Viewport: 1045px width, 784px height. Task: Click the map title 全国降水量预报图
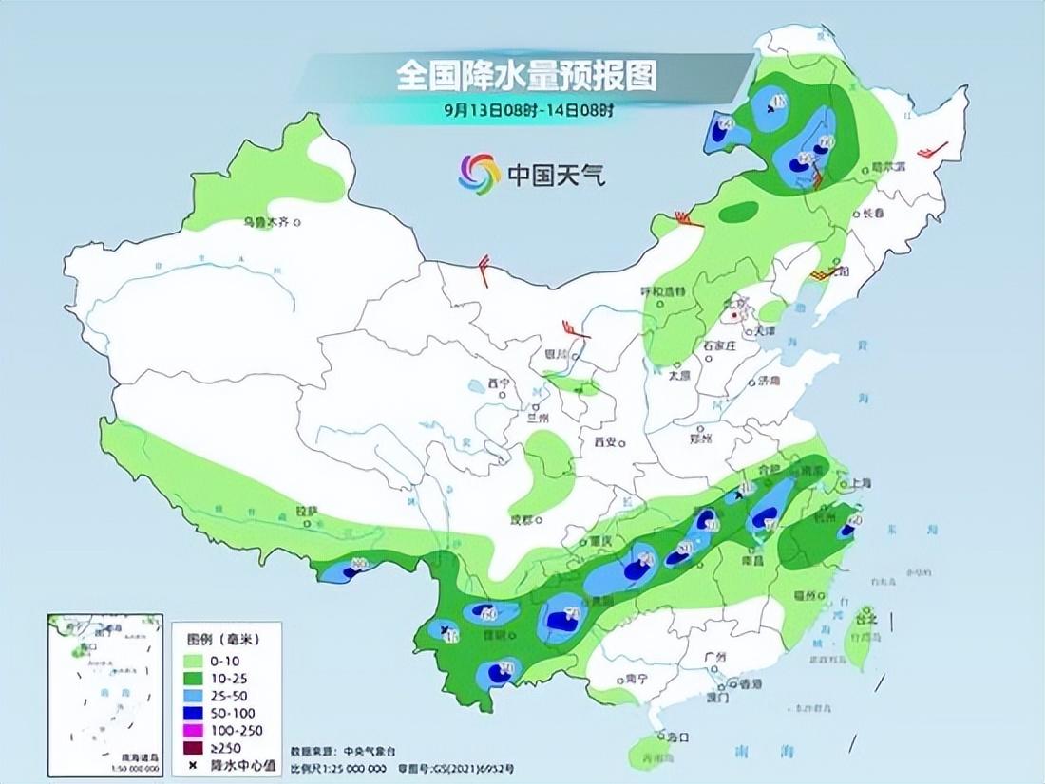[526, 75]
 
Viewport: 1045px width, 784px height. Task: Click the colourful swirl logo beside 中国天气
[479, 173]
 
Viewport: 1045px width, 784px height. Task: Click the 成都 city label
[522, 519]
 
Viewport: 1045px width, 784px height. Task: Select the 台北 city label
[866, 619]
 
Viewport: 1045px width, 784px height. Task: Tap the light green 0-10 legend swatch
[196, 661]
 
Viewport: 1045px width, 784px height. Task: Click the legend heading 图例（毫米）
[224, 641]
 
